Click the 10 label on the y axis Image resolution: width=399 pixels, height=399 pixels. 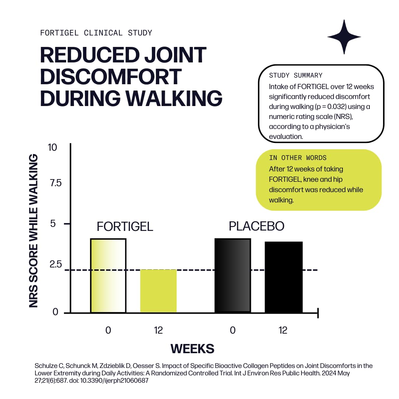point(53,147)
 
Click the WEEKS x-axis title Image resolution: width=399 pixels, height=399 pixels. point(192,348)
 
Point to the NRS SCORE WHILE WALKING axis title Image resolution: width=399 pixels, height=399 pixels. point(34,231)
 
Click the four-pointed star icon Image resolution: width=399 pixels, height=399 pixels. point(344,37)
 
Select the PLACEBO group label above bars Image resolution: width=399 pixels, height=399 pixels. point(256,226)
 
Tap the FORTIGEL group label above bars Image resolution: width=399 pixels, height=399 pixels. point(125,226)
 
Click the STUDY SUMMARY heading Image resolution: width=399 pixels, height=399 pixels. point(296,75)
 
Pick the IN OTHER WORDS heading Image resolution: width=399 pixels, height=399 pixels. point(298,158)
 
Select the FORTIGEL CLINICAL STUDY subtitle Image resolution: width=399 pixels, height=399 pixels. point(96,33)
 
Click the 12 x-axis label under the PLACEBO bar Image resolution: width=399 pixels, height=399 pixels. point(283,330)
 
